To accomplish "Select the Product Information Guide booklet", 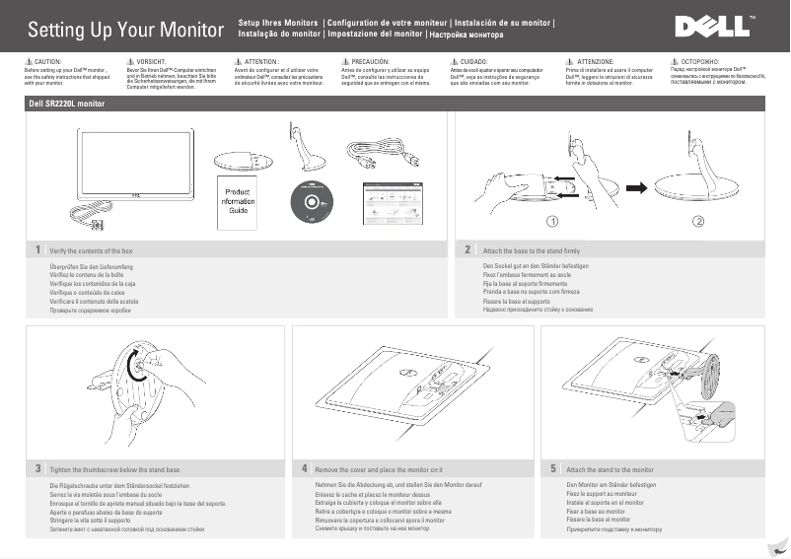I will pos(239,201).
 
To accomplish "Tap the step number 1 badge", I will pos(36,250).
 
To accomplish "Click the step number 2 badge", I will pos(467,250).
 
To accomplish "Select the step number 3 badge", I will pos(36,468).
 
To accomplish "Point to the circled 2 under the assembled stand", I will pos(698,219).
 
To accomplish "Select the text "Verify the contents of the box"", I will pos(90,251).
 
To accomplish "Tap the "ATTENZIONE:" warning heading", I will pos(595,61).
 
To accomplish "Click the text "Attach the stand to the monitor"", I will pos(611,469).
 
